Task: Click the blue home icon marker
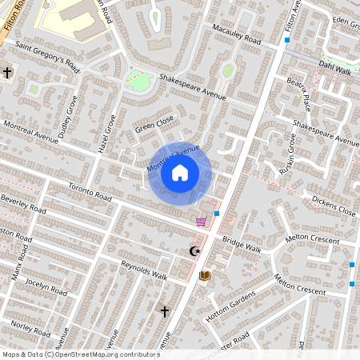click(x=180, y=172)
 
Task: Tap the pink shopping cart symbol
click(x=200, y=222)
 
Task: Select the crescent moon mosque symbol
click(x=193, y=251)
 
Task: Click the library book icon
click(x=205, y=275)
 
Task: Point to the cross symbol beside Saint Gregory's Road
click(x=7, y=73)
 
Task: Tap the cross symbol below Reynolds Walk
click(x=165, y=310)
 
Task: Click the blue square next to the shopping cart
click(x=217, y=214)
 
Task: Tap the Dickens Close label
click(x=334, y=206)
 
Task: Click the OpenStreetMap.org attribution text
click(x=106, y=354)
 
